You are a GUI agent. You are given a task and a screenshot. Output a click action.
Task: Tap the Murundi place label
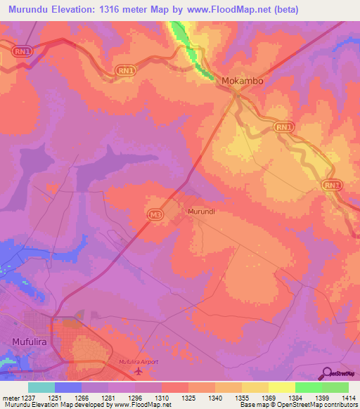click(201, 211)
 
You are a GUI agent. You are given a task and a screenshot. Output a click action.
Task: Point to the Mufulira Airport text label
click(140, 361)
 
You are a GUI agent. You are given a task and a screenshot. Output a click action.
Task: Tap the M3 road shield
click(155, 213)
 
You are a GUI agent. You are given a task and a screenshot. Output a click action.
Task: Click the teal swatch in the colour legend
click(41, 387)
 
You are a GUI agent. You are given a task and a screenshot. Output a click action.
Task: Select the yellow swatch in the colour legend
click(255, 387)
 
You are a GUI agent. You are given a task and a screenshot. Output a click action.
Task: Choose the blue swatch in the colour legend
click(68, 387)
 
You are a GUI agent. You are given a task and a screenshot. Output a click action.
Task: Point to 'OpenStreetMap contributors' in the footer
click(321, 405)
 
